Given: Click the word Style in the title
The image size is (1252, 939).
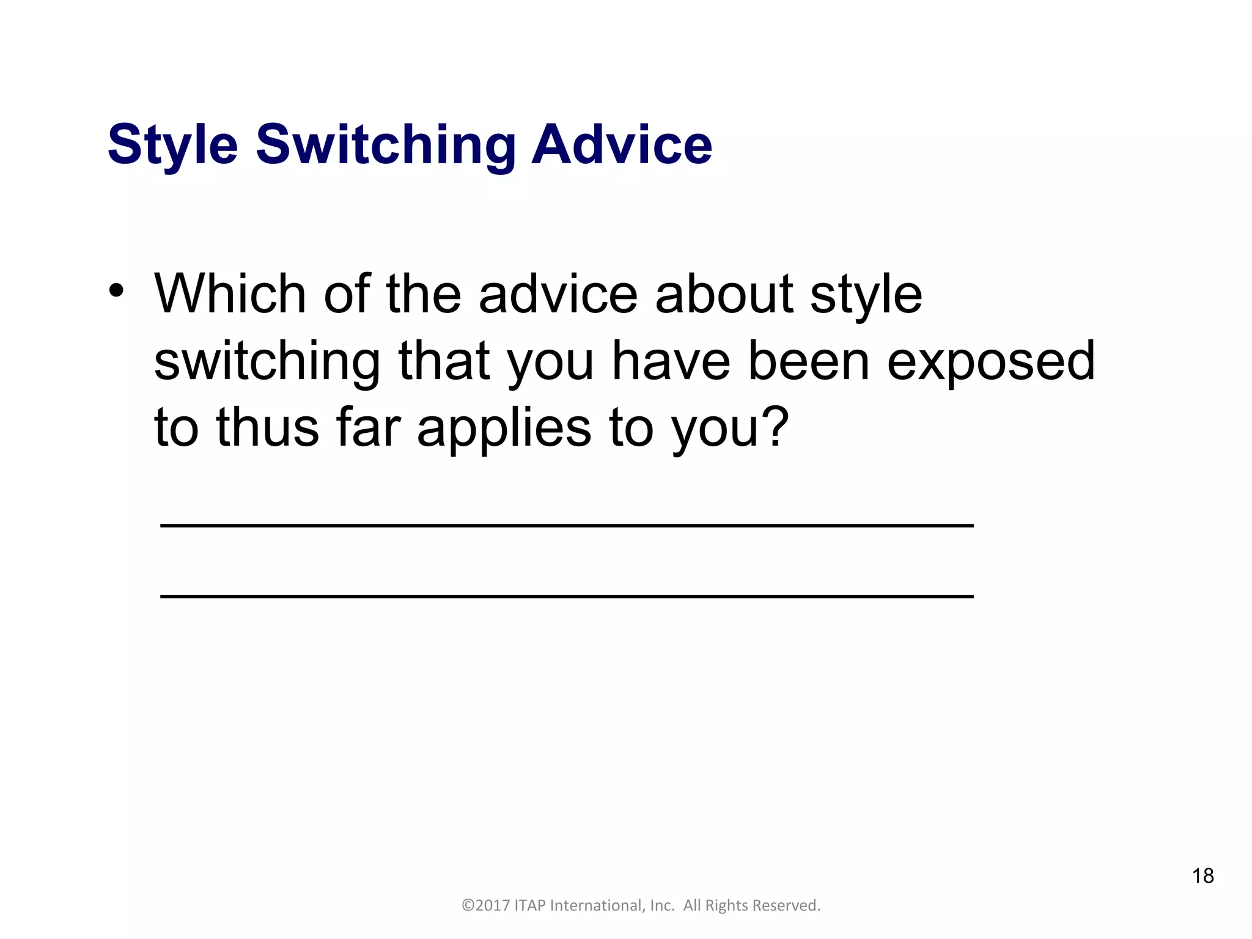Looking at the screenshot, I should pos(172,145).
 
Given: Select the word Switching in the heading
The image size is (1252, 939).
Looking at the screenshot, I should pos(386,145).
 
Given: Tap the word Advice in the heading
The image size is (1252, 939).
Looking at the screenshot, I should pos(622,145).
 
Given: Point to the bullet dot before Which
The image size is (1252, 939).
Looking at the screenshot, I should pos(116,290).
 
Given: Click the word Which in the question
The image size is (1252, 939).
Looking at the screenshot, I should pos(230,294).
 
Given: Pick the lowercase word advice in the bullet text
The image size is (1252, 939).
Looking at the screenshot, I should pos(558,294).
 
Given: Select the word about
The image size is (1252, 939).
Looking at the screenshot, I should pos(724,294).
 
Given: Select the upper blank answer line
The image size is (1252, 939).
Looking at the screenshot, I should pos(566,525).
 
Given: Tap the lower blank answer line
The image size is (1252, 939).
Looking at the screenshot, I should pos(566,596).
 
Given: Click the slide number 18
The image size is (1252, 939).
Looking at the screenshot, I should pos(1202,875).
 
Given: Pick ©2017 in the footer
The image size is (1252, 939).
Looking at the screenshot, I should pos(485,905).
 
